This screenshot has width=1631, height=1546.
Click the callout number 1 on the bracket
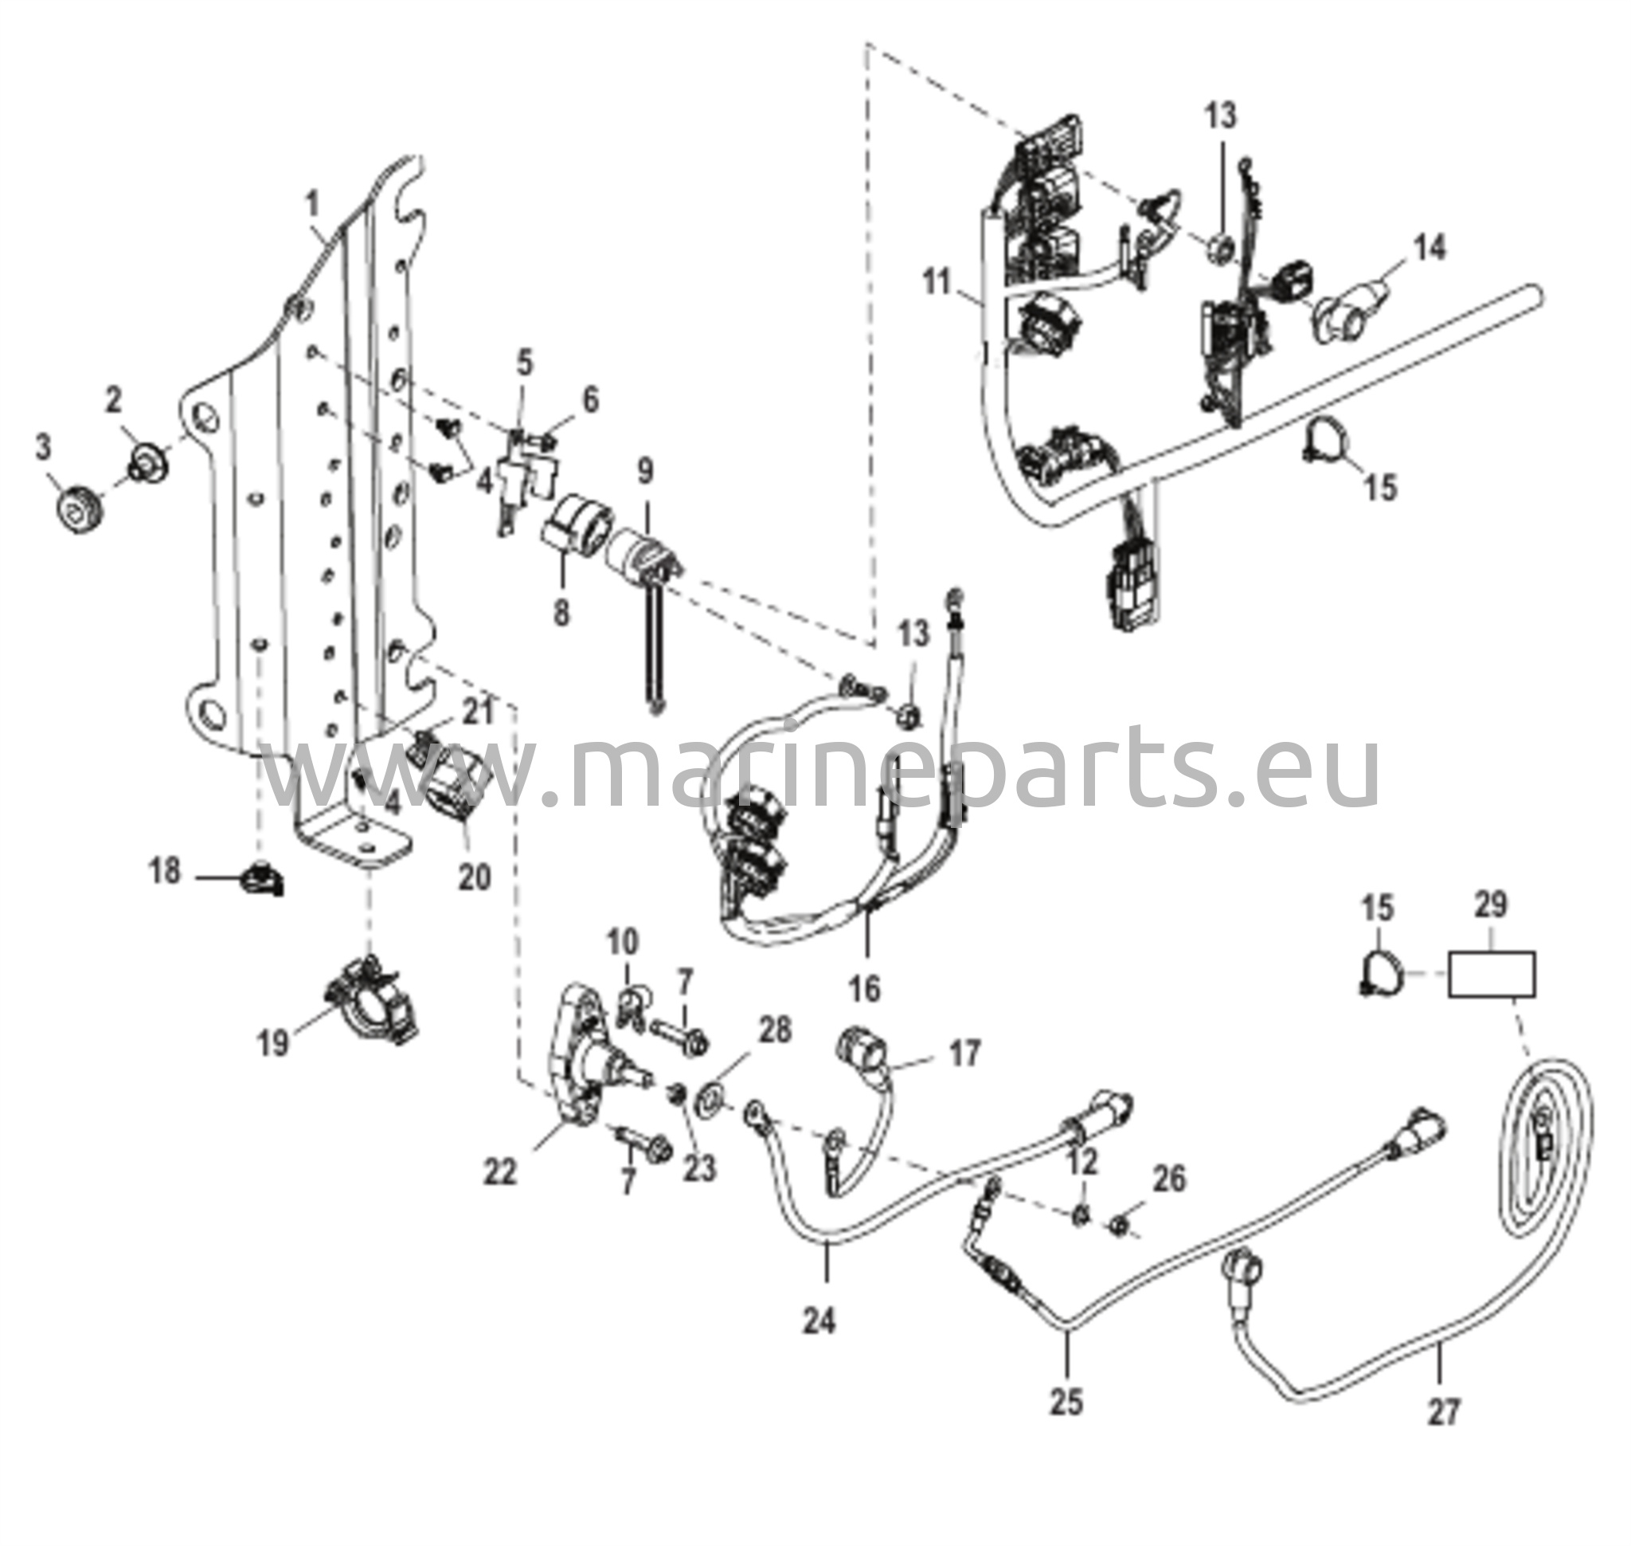[x=312, y=202]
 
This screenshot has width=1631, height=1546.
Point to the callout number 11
[x=937, y=283]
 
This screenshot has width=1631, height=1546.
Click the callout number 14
[x=1430, y=247]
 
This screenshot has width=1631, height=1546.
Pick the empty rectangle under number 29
[x=1491, y=975]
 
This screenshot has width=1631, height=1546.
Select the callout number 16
[x=865, y=988]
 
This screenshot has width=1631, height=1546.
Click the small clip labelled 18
[x=262, y=880]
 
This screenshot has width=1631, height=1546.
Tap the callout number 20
[x=475, y=877]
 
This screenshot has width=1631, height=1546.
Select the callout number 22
[x=500, y=1172]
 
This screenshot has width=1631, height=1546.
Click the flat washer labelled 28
[x=708, y=1097]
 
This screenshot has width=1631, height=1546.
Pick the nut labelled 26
[x=1119, y=1226]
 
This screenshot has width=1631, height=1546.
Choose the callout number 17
[x=964, y=1054]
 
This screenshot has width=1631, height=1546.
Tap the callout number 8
[x=561, y=612]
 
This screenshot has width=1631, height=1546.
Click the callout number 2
[x=113, y=401]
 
